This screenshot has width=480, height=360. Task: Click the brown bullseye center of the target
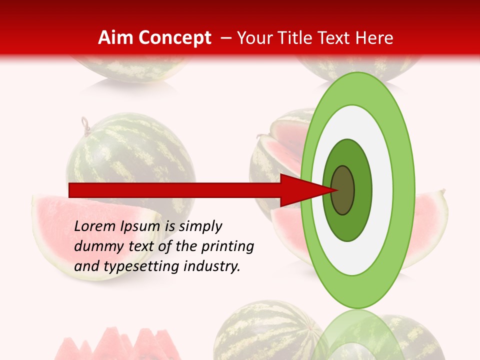coord(343,190)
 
